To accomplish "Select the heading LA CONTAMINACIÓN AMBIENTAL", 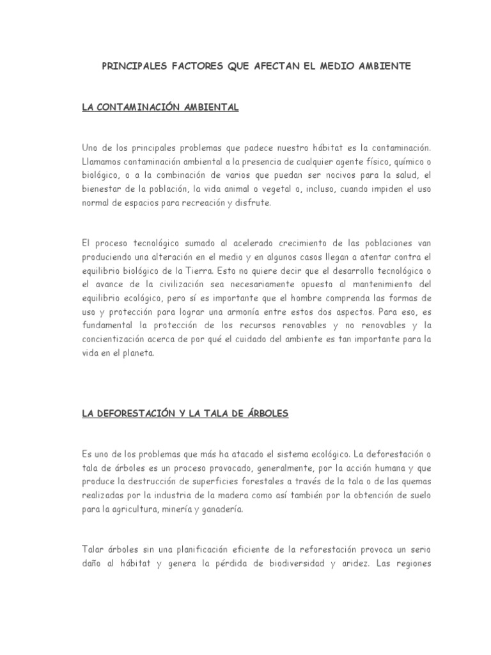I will (x=160, y=107).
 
